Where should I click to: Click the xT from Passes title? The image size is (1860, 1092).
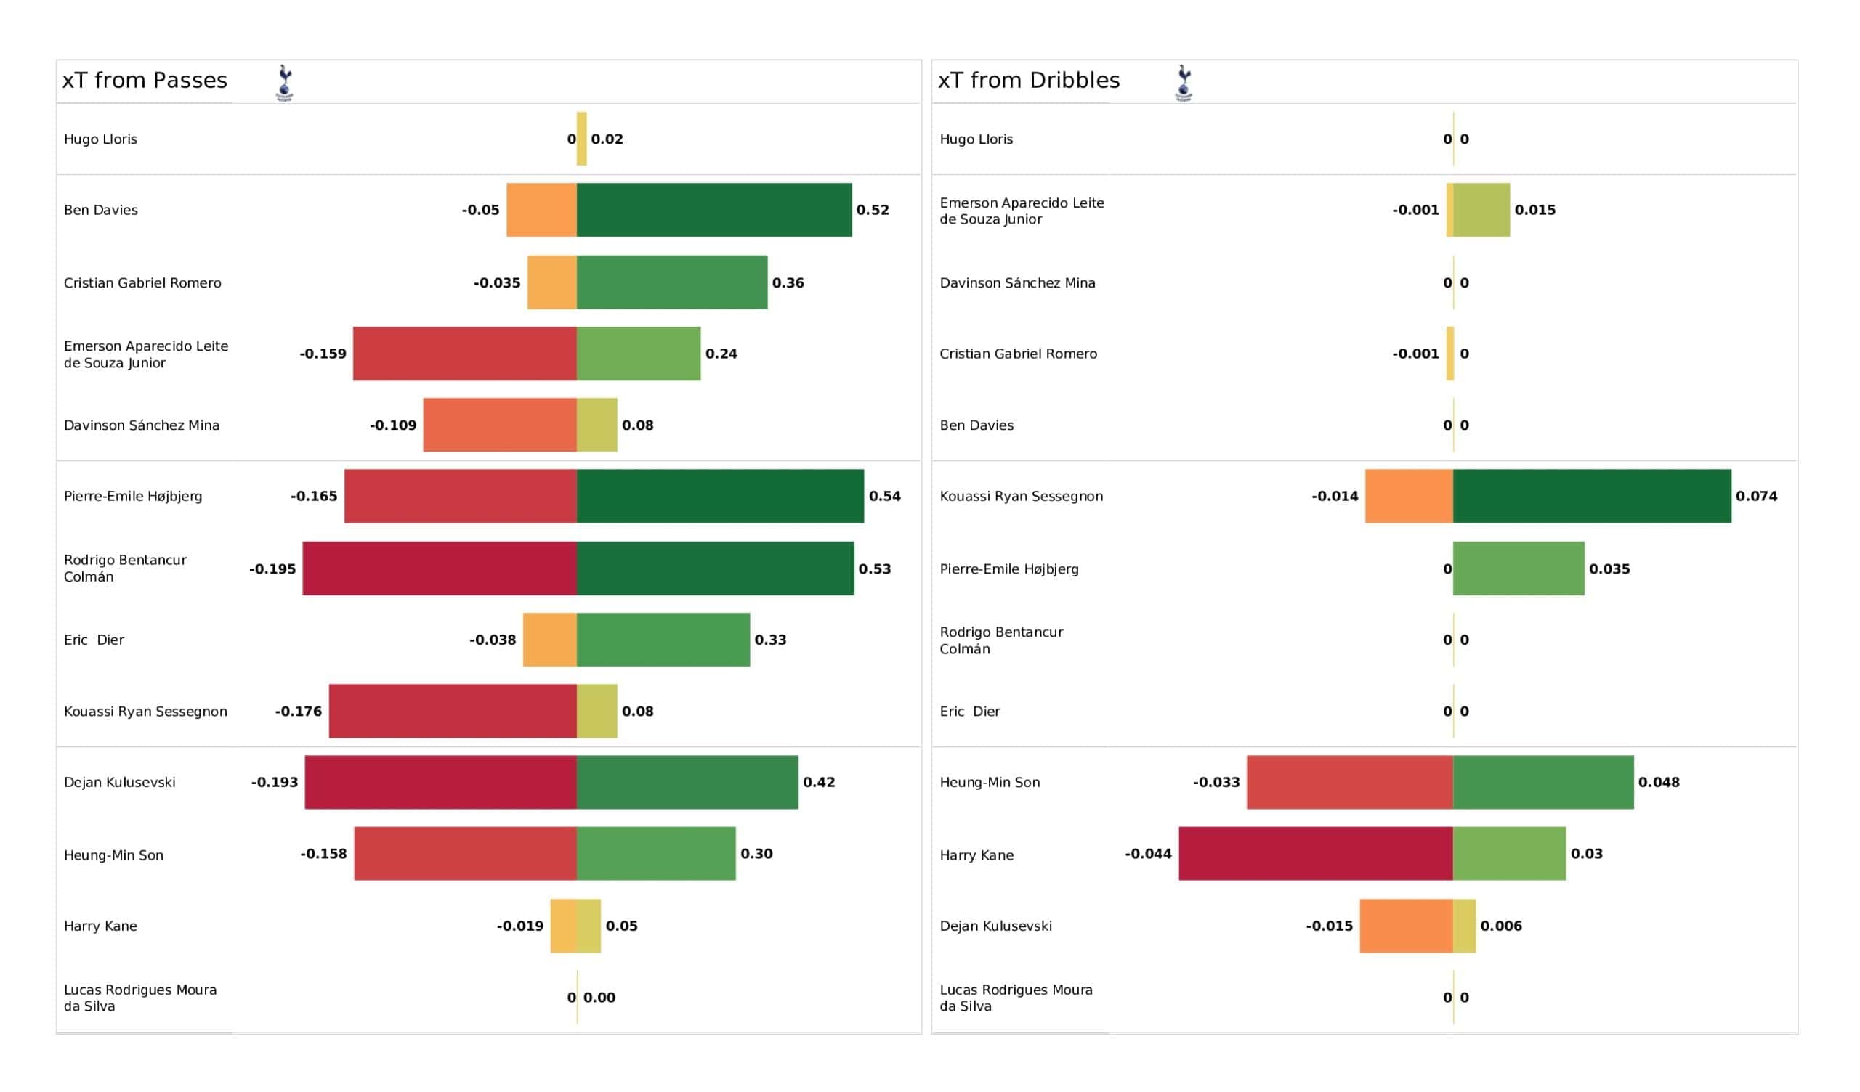coord(145,81)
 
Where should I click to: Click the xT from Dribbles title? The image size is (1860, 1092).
coord(1028,81)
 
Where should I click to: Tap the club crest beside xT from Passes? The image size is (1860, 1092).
coord(285,83)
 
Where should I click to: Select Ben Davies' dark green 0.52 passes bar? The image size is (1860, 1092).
coord(713,211)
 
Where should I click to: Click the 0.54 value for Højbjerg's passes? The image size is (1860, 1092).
coord(884,497)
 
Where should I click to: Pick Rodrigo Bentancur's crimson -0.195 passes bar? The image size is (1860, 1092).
coord(440,569)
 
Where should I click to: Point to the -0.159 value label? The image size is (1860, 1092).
coord(323,354)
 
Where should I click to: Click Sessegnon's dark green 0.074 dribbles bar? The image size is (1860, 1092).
coord(1591,497)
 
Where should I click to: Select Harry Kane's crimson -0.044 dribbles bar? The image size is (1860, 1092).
coord(1315,855)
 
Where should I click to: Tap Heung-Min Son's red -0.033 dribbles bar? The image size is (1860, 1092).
coord(1349,783)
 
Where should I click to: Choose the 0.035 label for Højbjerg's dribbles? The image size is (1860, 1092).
coord(1609,570)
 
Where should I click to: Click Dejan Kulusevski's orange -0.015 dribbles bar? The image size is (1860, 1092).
coord(1406,926)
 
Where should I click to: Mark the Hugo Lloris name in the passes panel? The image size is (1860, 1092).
coord(100,139)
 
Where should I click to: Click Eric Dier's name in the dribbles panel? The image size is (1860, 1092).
coord(969,712)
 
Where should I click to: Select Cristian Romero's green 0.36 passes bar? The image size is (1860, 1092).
coord(671,282)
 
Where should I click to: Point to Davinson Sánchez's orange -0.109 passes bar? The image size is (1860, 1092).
coord(500,425)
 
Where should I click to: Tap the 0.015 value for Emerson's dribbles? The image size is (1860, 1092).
coord(1534,211)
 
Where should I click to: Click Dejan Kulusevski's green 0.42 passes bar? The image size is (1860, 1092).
coord(687,783)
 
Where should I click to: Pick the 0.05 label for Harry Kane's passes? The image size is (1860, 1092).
coord(621,926)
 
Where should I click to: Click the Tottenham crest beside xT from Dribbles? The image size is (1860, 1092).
coord(1184,83)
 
